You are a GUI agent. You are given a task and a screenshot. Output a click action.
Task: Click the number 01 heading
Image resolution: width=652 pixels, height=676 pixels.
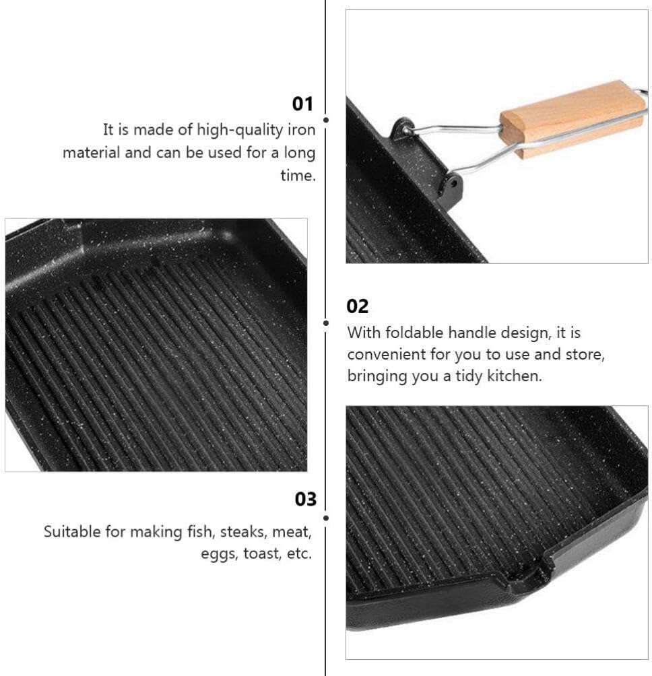click(303, 104)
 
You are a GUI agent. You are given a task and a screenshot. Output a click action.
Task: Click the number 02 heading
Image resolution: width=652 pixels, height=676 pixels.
click(358, 306)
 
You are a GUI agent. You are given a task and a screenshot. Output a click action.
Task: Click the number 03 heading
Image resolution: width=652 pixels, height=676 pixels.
click(305, 499)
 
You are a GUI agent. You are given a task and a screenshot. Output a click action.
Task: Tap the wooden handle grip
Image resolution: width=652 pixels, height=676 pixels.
click(572, 119)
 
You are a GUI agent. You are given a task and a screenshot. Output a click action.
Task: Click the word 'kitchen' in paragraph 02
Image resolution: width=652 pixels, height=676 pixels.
click(516, 376)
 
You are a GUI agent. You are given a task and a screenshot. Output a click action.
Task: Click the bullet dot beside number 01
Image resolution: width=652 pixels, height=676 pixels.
click(326, 120)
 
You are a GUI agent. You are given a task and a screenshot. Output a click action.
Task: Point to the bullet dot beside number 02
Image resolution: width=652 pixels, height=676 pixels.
click(326, 323)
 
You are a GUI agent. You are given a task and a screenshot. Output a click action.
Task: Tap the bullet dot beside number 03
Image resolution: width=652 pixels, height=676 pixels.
click(326, 518)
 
